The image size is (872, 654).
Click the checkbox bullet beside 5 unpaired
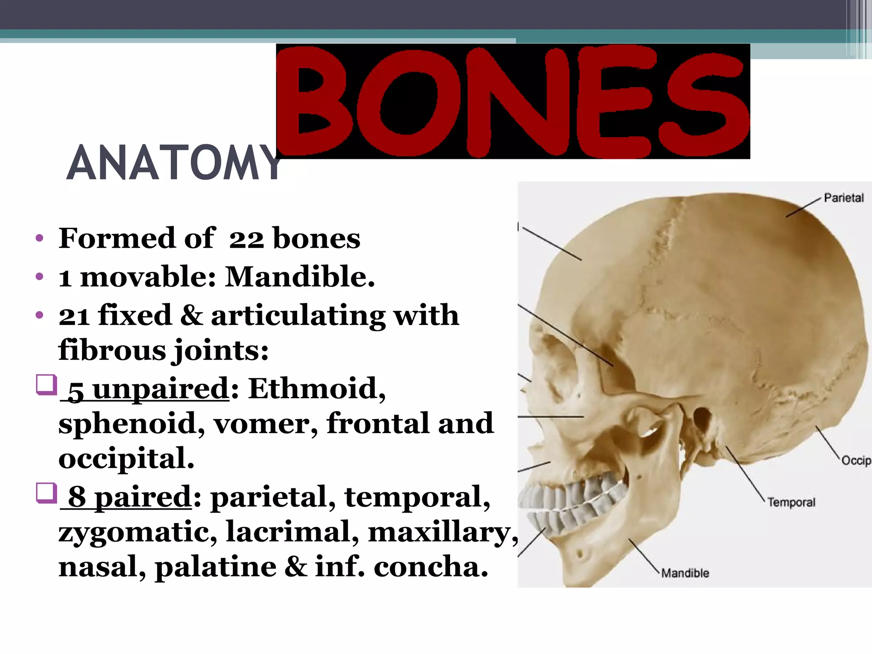click(x=46, y=384)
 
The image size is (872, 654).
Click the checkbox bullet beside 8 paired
click(x=46, y=493)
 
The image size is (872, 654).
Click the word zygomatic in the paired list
click(x=137, y=533)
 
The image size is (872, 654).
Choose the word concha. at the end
click(x=430, y=568)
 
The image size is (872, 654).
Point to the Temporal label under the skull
click(x=791, y=502)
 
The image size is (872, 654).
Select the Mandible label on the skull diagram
click(x=685, y=573)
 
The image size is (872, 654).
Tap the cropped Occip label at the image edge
click(x=856, y=461)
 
